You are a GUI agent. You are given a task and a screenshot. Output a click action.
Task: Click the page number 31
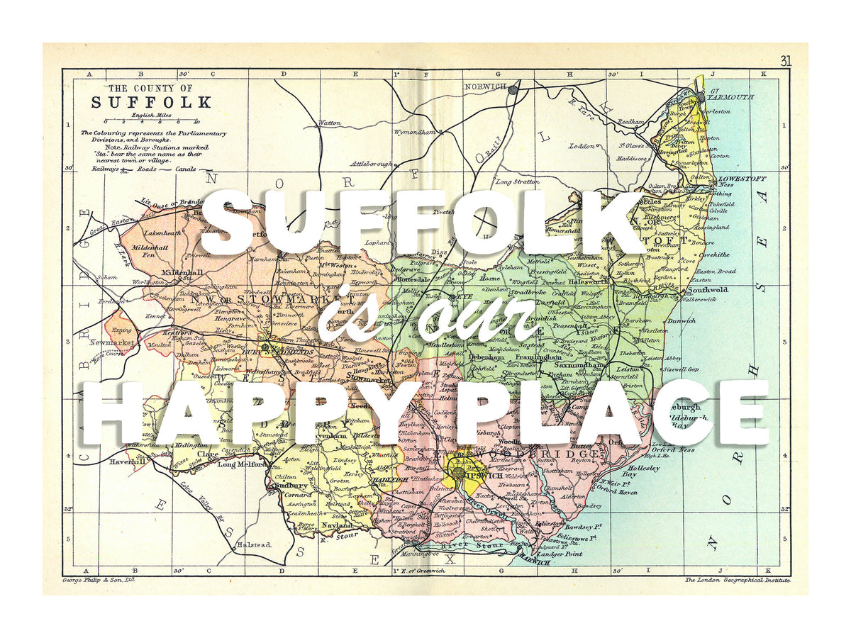coord(785,61)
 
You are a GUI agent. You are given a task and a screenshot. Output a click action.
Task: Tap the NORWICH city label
coord(485,86)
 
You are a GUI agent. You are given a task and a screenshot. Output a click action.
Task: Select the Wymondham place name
coord(408,133)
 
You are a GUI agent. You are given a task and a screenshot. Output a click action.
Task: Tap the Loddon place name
coord(582,146)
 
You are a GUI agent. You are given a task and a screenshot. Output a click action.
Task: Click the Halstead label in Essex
coord(252,544)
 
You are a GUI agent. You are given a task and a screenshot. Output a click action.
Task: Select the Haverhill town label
coord(128,461)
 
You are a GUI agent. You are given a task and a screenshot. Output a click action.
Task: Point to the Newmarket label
coord(112,342)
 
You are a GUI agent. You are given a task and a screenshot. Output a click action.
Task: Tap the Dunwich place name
coord(681,321)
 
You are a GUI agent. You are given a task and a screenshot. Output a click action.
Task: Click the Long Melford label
coord(237,465)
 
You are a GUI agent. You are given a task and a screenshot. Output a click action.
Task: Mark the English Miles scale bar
coord(150,121)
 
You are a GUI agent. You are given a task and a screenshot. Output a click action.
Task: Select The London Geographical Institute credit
coord(736,580)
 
